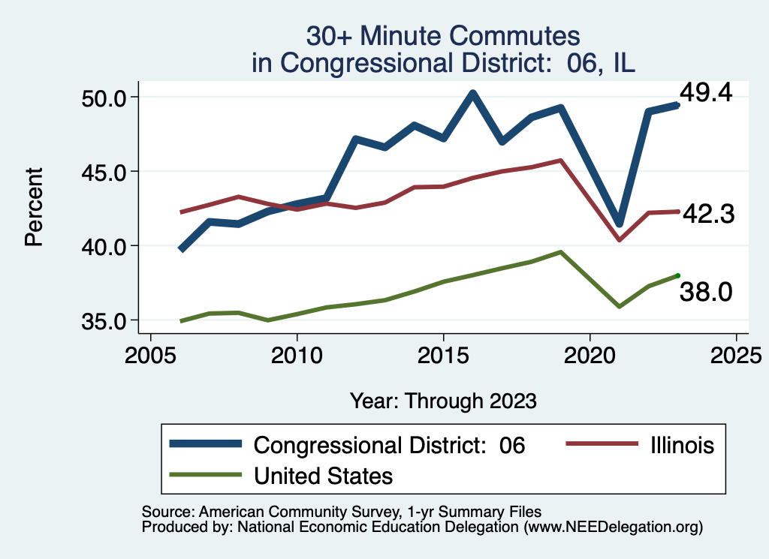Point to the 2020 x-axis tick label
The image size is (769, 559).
590,353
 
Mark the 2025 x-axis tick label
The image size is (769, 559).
736,353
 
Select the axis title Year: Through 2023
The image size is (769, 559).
443,401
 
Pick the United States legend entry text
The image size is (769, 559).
324,475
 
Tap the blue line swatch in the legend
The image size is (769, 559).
206,444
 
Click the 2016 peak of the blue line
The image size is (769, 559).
472,94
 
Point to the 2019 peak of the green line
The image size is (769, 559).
560,252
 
